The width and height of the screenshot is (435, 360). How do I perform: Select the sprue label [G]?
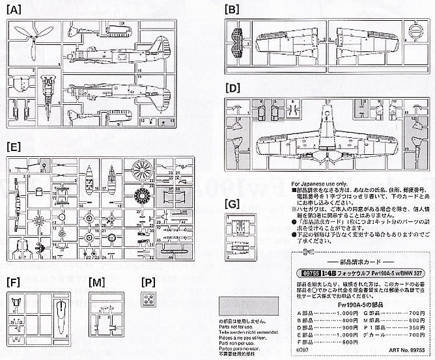tap(231, 204)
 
